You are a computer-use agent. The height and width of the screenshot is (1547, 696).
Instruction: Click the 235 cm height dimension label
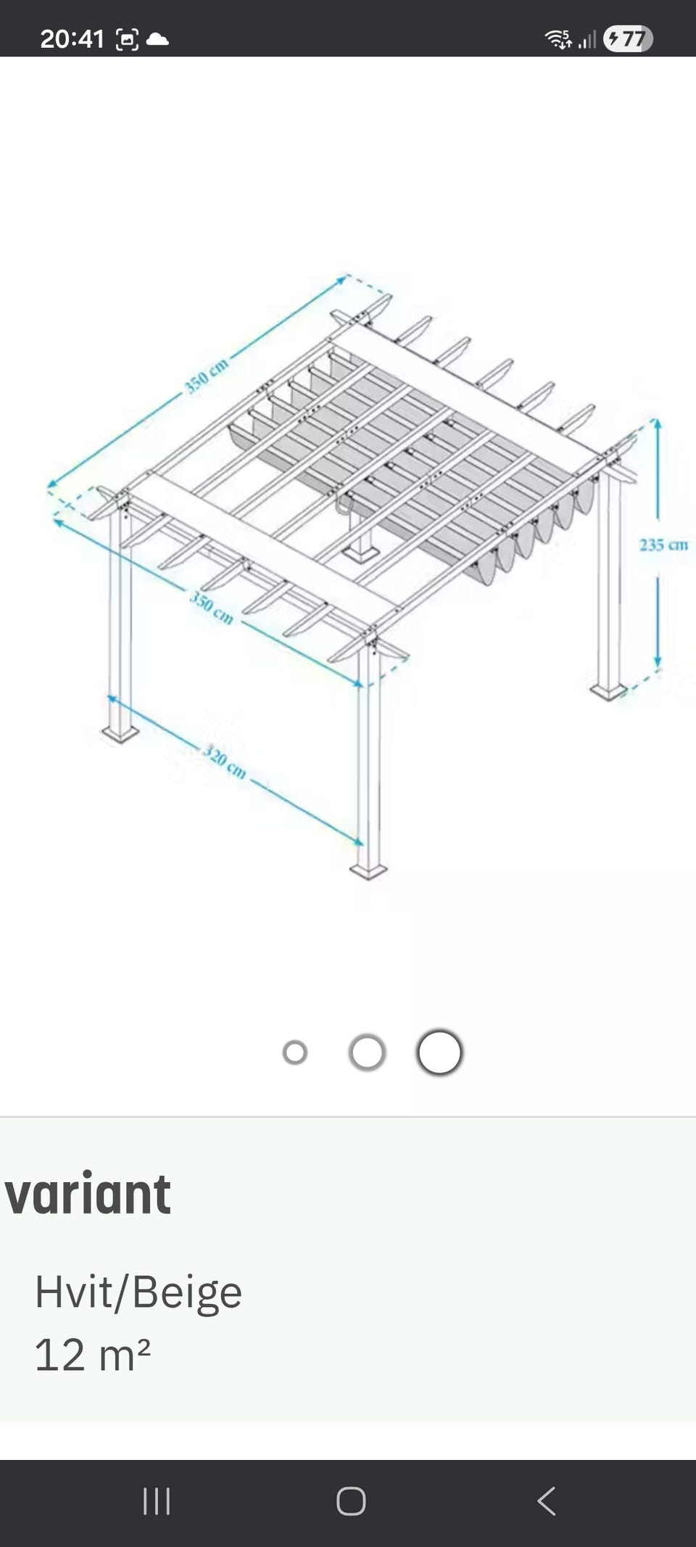[x=663, y=545]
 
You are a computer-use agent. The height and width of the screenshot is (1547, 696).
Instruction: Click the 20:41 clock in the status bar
[x=72, y=38]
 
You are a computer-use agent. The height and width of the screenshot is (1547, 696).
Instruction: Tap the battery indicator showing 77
[x=628, y=38]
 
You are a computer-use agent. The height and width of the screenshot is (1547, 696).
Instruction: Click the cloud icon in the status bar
[x=157, y=39]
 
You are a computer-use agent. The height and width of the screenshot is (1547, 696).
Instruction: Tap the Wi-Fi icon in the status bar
[x=558, y=38]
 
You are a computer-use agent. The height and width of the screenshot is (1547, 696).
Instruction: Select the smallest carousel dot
[x=295, y=1052]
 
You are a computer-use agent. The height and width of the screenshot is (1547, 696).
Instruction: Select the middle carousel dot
[x=367, y=1052]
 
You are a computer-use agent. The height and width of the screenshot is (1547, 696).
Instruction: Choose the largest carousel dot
[x=439, y=1052]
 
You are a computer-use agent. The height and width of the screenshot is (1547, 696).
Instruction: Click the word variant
[x=88, y=1195]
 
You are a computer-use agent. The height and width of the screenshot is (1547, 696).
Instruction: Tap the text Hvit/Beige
[x=138, y=1292]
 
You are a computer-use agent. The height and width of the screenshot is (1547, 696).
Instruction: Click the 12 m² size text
[x=92, y=1353]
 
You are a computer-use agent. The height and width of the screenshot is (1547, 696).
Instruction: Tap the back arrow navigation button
[x=547, y=1501]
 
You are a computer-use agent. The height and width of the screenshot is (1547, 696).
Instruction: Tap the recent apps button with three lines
[x=157, y=1501]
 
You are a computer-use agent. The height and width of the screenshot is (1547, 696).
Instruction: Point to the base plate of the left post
[x=120, y=733]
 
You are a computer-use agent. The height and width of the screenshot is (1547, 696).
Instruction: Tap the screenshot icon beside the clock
[x=127, y=39]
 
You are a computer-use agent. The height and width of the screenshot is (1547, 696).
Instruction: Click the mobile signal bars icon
[x=587, y=40]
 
